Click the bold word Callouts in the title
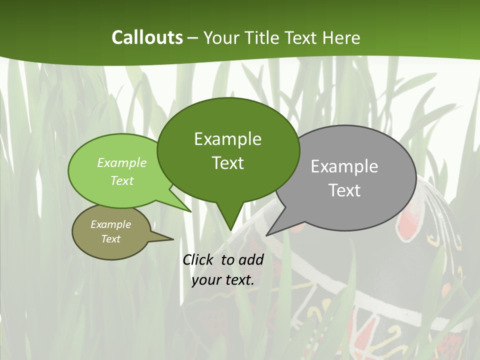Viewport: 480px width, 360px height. [x=147, y=37]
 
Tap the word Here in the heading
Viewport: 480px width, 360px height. [x=341, y=37]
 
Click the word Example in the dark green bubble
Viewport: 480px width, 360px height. [x=227, y=139]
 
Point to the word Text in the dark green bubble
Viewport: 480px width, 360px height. [x=227, y=163]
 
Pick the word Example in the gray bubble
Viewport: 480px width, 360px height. [x=344, y=166]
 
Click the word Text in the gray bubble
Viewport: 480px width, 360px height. [x=344, y=190]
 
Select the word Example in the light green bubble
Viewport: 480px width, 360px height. [x=122, y=162]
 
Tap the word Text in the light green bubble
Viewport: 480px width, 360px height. [x=122, y=180]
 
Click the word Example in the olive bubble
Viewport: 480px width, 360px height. [x=110, y=224]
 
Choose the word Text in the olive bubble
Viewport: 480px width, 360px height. [x=110, y=239]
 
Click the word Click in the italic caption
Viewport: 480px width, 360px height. [x=198, y=259]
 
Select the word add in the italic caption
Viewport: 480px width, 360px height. [x=251, y=259]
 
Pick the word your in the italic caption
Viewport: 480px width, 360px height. [x=206, y=280]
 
